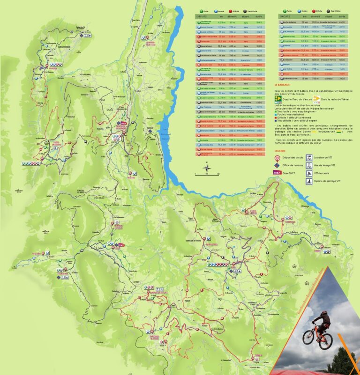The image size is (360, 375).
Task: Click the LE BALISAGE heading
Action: (x=282, y=85)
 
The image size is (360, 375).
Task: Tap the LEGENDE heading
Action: (x=281, y=152)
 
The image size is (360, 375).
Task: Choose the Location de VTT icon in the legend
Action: (x=309, y=158)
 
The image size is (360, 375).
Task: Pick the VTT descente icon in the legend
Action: (x=309, y=173)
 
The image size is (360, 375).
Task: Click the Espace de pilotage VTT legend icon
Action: (x=309, y=181)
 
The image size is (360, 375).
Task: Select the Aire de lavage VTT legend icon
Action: (x=309, y=165)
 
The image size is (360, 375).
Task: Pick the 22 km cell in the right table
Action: (x=304, y=22)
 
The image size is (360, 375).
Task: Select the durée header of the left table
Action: (x=259, y=16)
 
